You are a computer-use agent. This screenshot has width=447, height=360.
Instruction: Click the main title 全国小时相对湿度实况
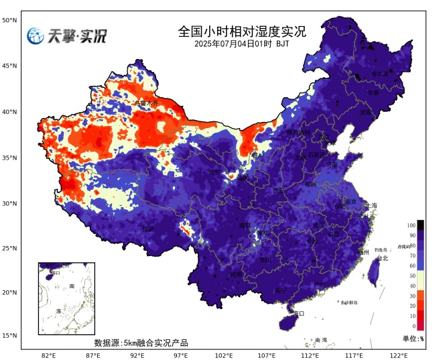(242, 31)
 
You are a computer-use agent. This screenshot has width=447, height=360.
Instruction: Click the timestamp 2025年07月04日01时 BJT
(242, 44)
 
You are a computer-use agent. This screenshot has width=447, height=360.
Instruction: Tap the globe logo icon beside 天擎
(36, 36)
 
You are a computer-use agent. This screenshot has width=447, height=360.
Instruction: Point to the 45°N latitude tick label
(9, 66)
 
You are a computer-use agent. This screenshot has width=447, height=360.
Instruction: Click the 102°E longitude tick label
(223, 355)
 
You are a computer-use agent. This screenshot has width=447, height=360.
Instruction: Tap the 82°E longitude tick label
(48, 355)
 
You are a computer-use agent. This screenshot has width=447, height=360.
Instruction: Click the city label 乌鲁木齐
(147, 104)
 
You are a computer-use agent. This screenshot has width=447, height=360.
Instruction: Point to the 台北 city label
(382, 258)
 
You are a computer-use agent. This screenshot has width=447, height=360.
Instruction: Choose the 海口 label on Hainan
(299, 313)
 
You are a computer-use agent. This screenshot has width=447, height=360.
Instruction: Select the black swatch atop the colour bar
(420, 225)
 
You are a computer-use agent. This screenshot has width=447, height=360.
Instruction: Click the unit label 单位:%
(413, 339)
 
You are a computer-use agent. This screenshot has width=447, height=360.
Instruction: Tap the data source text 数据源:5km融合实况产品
(141, 343)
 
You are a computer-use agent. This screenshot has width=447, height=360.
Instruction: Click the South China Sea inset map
(66, 298)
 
